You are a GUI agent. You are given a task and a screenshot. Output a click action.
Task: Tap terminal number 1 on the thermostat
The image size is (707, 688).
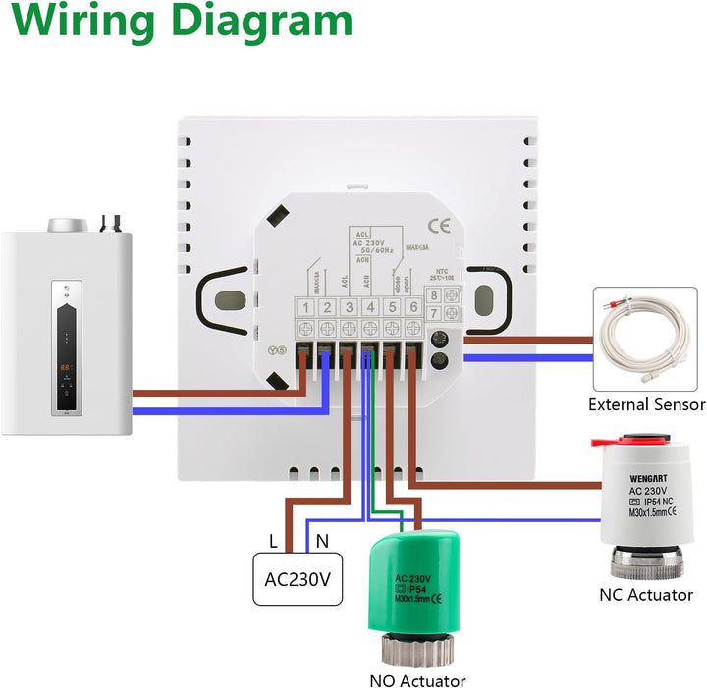[x=306, y=308]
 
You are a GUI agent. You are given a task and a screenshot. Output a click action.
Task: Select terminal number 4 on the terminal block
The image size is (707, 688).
[x=370, y=308]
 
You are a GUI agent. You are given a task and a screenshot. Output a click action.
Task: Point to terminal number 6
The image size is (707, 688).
[x=413, y=308]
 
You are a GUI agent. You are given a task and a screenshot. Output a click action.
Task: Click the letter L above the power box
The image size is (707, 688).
[x=274, y=538]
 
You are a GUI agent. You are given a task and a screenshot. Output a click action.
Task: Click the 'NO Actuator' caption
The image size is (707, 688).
[x=417, y=680]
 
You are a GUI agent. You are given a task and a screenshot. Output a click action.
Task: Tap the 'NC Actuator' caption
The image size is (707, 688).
[x=645, y=595]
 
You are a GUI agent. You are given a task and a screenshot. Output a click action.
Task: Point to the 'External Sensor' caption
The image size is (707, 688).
[x=646, y=404]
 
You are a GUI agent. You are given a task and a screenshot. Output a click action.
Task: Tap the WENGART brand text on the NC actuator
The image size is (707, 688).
[x=648, y=478]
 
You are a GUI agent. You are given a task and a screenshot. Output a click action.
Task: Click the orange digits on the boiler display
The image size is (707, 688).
[x=65, y=366]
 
